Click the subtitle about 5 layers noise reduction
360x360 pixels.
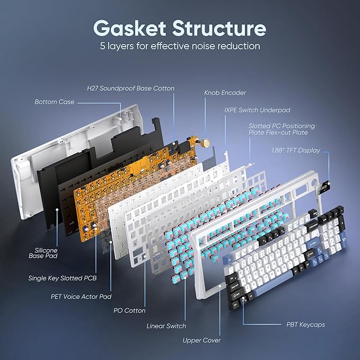coord(180,46)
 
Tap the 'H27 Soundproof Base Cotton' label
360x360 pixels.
coord(130,88)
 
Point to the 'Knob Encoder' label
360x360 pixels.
coord(225,93)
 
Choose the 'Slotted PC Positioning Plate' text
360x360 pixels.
coord(282,126)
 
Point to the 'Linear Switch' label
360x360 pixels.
coord(166,326)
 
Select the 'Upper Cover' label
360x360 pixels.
coord(201,340)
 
